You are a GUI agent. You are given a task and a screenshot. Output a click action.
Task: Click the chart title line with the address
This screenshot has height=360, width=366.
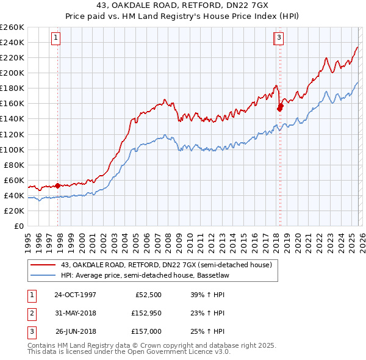[x=183, y=5]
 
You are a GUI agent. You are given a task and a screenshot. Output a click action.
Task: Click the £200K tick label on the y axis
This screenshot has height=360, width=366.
[x=12, y=73]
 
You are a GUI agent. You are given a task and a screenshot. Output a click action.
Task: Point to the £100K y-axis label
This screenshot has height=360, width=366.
[x=12, y=149]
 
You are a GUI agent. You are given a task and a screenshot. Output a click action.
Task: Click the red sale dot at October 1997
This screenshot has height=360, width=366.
[x=58, y=185]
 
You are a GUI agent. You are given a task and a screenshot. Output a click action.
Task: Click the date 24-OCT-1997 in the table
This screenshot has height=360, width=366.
[x=75, y=295]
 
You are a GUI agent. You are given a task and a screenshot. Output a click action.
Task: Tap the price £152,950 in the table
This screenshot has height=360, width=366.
[x=145, y=314]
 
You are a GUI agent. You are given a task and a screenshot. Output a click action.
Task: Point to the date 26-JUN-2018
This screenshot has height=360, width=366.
[x=75, y=333]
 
